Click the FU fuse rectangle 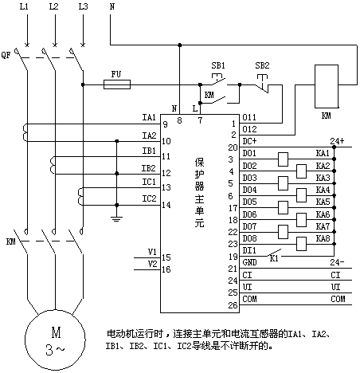click(x=117, y=84)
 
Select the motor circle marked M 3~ click(x=55, y=340)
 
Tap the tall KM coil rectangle click(x=327, y=86)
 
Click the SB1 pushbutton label click(x=218, y=65)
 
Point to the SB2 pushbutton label click(x=262, y=65)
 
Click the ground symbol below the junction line click(x=117, y=219)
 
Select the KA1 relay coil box click(x=283, y=159)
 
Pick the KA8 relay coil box click(x=301, y=244)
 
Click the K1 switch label click(x=274, y=258)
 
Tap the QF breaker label click(x=6, y=55)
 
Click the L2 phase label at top click(x=53, y=6)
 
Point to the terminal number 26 click(x=233, y=305)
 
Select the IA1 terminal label click(x=149, y=117)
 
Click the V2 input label click(x=152, y=264)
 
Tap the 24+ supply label click(x=337, y=141)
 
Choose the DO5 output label click(x=249, y=202)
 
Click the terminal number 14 click(x=166, y=205)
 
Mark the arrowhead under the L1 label click(x=27, y=44)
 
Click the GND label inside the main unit click(x=249, y=262)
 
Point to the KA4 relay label click(x=323, y=190)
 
